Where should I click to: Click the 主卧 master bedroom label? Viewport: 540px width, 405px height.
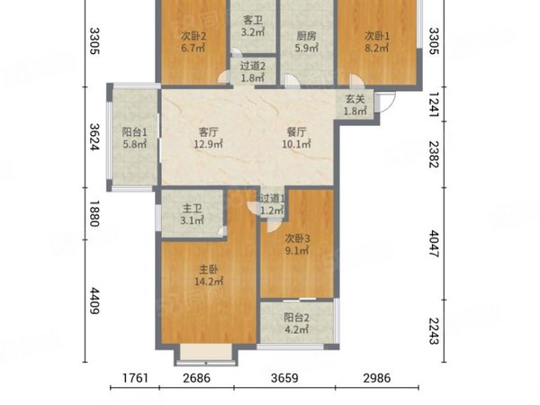(x=209, y=270)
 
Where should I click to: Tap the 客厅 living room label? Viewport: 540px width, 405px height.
(x=209, y=132)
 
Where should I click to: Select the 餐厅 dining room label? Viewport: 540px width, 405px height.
(x=296, y=132)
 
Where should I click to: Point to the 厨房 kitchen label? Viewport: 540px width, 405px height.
(x=306, y=36)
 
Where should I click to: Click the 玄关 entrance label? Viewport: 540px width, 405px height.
(x=355, y=99)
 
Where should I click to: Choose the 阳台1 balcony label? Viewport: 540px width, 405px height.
(x=135, y=132)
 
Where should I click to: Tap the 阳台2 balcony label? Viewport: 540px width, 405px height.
(x=296, y=317)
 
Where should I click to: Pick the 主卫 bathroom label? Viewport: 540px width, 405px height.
(x=193, y=209)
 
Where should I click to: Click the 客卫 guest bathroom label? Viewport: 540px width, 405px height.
(x=253, y=20)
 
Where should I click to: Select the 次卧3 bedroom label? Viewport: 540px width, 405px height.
(x=298, y=238)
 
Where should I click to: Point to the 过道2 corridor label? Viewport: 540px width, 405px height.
(x=253, y=66)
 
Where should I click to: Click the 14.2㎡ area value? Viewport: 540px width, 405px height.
(x=209, y=282)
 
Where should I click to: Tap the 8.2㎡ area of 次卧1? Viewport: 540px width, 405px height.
(x=377, y=48)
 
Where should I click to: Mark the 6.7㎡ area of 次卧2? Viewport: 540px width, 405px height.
(x=193, y=48)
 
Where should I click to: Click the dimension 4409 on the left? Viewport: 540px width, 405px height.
(x=94, y=301)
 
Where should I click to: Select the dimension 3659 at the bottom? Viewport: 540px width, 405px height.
(x=284, y=378)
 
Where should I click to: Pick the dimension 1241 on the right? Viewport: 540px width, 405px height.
(x=434, y=104)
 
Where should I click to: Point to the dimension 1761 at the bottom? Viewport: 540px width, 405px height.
(x=135, y=378)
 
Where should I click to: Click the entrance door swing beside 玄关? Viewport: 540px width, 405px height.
(x=385, y=102)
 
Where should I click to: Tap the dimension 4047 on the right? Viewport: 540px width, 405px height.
(x=434, y=244)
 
